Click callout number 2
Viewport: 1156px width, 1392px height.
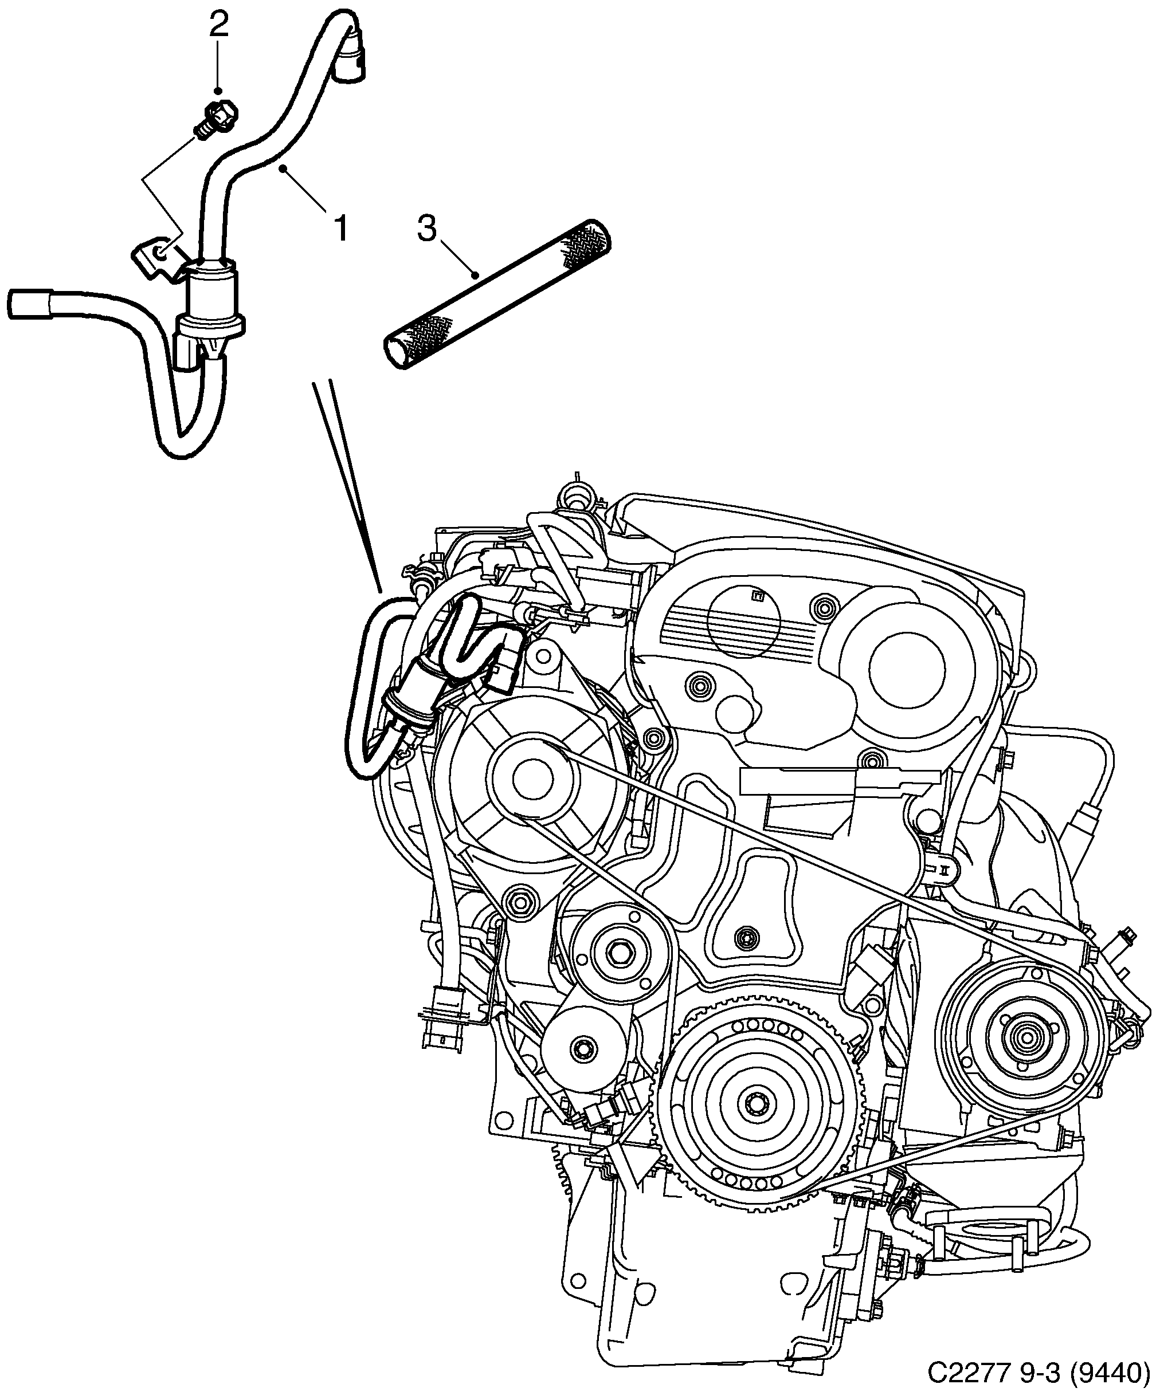(x=218, y=26)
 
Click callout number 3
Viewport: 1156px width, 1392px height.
(x=426, y=229)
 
